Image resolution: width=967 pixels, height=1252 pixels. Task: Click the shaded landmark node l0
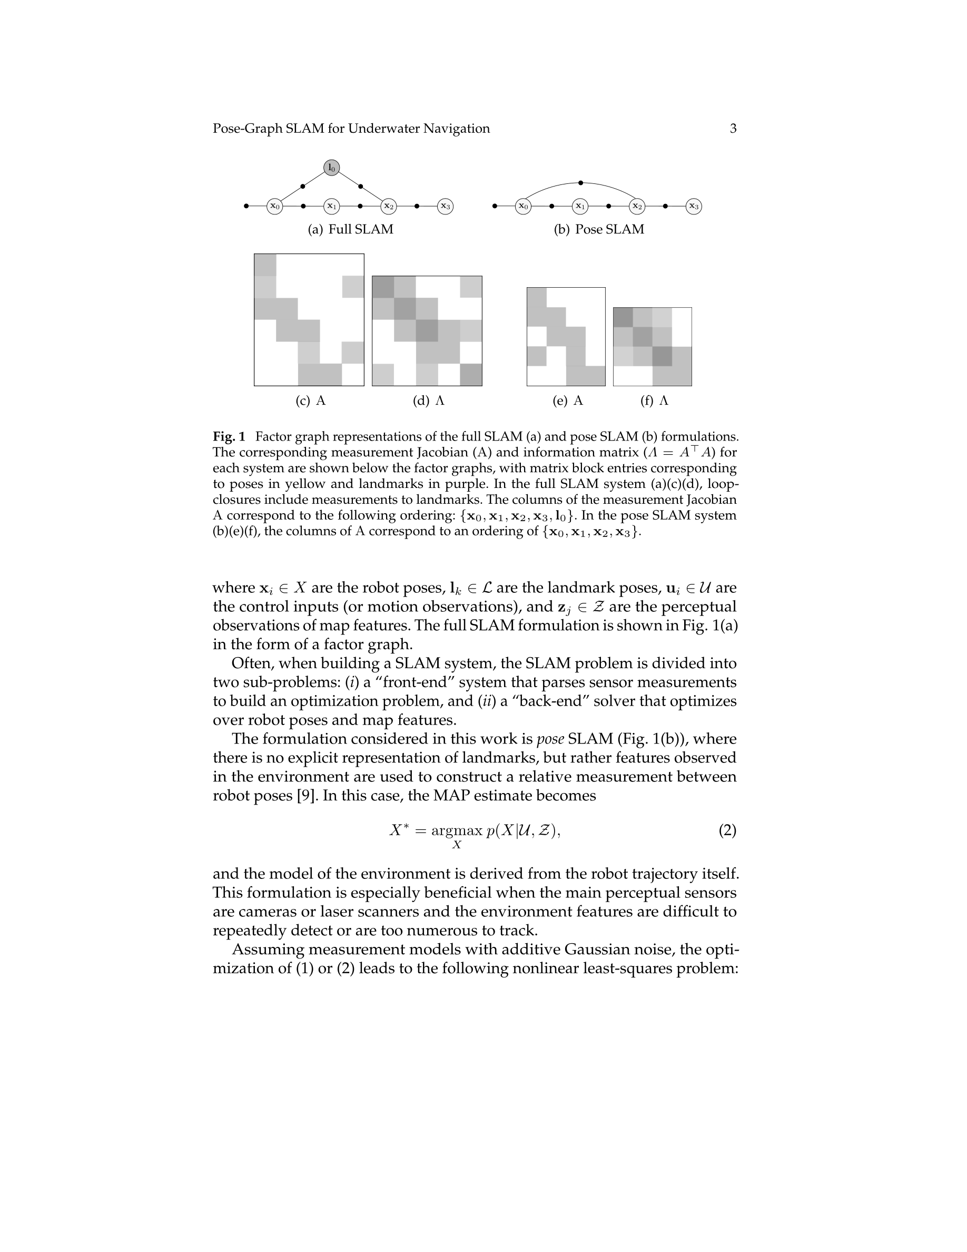tap(332, 168)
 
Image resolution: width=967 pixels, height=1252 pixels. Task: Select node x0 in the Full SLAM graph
tap(275, 206)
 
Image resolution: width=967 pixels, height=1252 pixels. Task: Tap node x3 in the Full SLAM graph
tap(445, 206)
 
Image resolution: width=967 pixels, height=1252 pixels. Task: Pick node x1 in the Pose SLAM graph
tap(580, 206)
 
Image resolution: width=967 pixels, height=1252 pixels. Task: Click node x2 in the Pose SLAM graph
tap(636, 206)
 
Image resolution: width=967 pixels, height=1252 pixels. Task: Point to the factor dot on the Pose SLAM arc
tap(580, 183)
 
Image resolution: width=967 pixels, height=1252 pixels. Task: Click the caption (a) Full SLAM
tap(351, 229)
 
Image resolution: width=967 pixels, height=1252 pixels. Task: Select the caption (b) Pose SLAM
tap(599, 229)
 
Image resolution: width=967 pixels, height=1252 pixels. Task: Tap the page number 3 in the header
tap(733, 129)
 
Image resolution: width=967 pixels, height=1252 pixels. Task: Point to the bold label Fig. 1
tap(229, 437)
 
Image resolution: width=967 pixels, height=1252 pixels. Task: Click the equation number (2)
tap(727, 830)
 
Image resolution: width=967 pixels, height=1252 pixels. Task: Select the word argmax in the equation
tap(457, 830)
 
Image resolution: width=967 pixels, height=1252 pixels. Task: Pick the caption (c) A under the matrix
tap(311, 400)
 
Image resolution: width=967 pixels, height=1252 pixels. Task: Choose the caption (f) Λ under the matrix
tap(654, 400)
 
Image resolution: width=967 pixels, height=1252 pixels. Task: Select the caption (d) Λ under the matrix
tap(429, 400)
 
